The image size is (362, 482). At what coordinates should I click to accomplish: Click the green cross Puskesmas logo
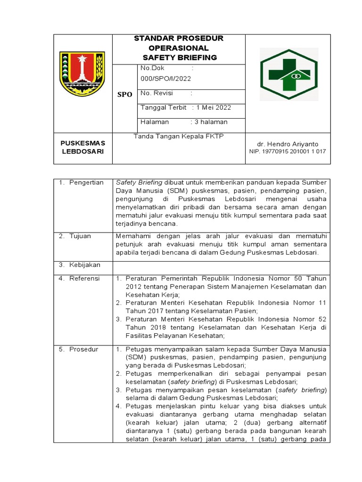(x=289, y=74)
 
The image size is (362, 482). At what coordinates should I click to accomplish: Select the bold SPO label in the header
(x=124, y=95)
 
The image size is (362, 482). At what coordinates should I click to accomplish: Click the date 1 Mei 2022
(x=214, y=107)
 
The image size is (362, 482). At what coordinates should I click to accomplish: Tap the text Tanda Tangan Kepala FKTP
(x=178, y=137)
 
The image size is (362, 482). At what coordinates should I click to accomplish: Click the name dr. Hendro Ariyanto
(x=288, y=144)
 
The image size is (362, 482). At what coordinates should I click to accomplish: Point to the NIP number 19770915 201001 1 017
(x=287, y=152)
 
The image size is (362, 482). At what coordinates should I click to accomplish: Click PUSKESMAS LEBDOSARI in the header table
(x=82, y=147)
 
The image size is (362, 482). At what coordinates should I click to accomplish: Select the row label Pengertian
(x=86, y=183)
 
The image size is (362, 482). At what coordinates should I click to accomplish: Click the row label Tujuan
(x=82, y=236)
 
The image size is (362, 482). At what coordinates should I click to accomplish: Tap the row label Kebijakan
(x=85, y=265)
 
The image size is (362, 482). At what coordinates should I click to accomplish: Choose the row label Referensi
(x=85, y=279)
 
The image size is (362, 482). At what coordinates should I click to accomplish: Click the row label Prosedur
(x=83, y=349)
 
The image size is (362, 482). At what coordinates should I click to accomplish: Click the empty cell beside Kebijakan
(x=221, y=265)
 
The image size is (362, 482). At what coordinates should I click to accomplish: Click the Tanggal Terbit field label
(x=163, y=107)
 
